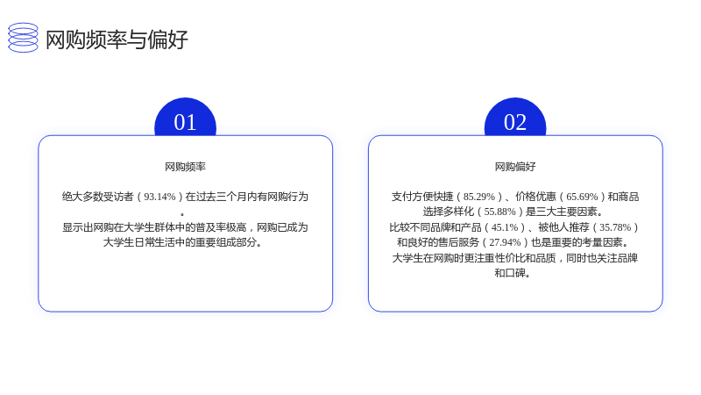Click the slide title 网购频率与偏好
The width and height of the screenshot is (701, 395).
pos(117,39)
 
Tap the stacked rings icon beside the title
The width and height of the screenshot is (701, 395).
pos(24,38)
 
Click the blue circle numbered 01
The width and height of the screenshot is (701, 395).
pos(185,118)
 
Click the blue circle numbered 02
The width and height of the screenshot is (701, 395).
pos(515,118)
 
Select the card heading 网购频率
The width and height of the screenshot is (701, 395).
pos(185,167)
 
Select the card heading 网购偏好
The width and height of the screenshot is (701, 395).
pos(515,167)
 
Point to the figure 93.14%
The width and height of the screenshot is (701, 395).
pos(159,197)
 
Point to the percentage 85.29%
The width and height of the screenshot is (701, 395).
pos(479,197)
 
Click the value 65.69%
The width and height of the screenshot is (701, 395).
pos(582,197)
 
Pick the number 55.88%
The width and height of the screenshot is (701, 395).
pos(499,212)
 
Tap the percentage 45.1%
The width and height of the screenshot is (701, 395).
pos(505,227)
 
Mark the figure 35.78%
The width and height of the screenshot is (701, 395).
pos(615,227)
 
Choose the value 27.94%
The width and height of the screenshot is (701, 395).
pos(505,242)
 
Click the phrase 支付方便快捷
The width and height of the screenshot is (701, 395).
pos(422,197)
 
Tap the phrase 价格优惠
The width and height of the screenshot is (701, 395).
pos(535,197)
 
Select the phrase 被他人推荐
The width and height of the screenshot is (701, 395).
pos(563,227)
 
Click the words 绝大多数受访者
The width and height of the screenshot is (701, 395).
pos(97,197)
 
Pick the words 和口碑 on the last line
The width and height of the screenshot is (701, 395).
pos(510,273)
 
